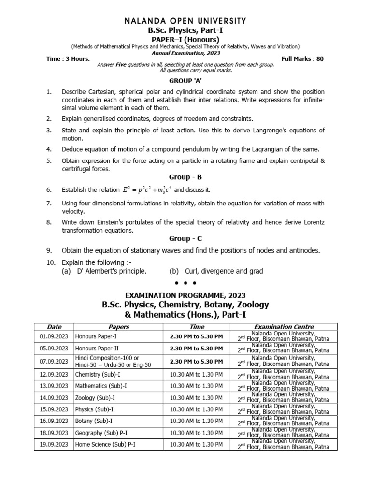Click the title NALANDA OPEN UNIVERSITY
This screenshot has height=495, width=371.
[x=185, y=21]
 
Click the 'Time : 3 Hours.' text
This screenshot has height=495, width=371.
[x=68, y=58]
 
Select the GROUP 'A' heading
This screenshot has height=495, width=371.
[x=185, y=81]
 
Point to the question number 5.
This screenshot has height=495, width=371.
[x=49, y=160]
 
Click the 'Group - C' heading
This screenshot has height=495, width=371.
[x=185, y=239]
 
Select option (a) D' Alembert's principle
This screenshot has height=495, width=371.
[x=104, y=271]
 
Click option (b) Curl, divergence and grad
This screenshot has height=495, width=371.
[x=216, y=271]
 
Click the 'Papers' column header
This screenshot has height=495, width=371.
[x=118, y=327]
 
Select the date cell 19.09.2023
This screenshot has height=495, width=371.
[x=54, y=444]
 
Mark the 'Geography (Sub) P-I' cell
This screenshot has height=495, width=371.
[x=103, y=433]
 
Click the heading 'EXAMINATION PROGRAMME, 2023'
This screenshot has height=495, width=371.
[x=185, y=295]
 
